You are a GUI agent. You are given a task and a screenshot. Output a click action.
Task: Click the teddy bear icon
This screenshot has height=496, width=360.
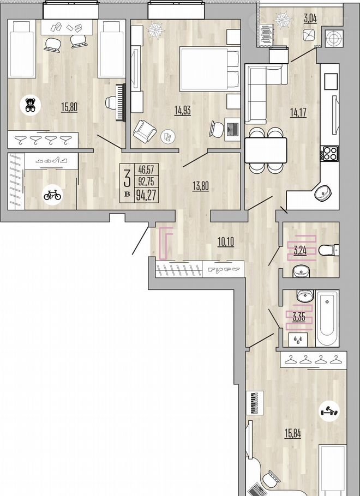[x=31, y=105]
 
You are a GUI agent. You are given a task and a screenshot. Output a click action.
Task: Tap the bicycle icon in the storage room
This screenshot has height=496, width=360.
[x=52, y=194]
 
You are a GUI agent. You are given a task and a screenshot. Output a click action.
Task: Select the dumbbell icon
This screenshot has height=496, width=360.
[x=329, y=412]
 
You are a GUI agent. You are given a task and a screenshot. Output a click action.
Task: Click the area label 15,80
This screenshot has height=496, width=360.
[x=69, y=107]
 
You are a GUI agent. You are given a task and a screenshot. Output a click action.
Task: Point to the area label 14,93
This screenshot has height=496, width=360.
[x=183, y=111]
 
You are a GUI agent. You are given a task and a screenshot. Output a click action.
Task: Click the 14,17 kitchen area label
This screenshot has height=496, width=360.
[x=298, y=112]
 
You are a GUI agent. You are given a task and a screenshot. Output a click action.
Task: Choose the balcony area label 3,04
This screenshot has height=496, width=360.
[x=310, y=18]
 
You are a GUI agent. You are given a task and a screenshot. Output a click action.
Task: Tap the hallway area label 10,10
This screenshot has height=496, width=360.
[x=226, y=243]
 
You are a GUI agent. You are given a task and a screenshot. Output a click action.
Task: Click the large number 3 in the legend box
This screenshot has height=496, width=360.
[x=127, y=179]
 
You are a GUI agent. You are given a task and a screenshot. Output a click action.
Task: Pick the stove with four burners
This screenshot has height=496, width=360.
[x=329, y=153]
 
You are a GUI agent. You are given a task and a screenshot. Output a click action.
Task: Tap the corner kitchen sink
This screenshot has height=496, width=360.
[x=323, y=192]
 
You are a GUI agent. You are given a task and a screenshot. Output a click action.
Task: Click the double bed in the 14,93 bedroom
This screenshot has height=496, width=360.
[x=209, y=69]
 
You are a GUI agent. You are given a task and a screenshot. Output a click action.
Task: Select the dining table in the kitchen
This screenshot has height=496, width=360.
[x=266, y=150]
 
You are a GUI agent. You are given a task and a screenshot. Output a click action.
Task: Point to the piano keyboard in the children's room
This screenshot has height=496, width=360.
[x=121, y=102]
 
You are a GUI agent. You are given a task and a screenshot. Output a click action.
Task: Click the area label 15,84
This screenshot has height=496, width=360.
[x=292, y=434]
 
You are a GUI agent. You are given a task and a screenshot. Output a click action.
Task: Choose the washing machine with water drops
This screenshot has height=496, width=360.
[x=298, y=340]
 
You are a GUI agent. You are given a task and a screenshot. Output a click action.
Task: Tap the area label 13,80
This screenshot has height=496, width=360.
[x=201, y=186]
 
